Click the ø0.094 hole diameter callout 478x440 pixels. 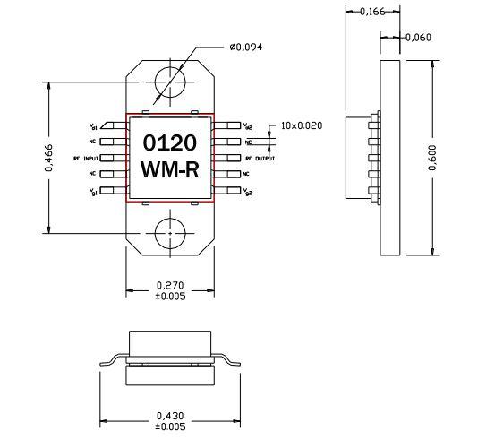coord(246,47)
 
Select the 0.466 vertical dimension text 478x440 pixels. coord(48,158)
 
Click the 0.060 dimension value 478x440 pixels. coord(418,38)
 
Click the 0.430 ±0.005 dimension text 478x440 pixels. coord(169,420)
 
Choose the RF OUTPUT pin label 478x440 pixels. coord(260,158)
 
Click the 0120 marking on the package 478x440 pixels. coord(170,143)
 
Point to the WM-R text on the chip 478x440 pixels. coord(170,170)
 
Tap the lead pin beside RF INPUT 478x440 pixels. coord(112,158)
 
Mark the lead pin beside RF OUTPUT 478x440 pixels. coord(227,158)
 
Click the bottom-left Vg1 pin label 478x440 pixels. coord(91,191)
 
